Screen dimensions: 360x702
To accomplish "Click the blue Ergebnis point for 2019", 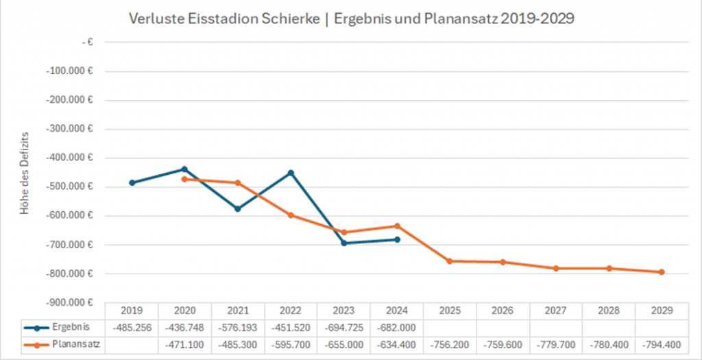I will (x=132, y=183).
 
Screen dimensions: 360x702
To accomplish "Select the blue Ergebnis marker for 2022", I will (x=291, y=173).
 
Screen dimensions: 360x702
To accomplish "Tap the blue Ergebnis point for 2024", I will (x=397, y=239).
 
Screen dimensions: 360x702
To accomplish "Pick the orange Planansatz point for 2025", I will (x=450, y=261).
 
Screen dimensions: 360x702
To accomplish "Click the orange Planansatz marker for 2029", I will (x=662, y=272).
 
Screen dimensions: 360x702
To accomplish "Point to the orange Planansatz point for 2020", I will (x=184, y=179).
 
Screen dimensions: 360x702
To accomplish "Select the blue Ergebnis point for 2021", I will (x=238, y=208).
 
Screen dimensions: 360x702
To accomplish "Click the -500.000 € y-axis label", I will (x=69, y=187).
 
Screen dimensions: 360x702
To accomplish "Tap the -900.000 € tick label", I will (x=69, y=302).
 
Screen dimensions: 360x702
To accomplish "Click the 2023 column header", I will (x=344, y=310).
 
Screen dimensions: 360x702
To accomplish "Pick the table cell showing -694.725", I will (x=344, y=326).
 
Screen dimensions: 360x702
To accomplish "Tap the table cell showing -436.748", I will (x=184, y=326).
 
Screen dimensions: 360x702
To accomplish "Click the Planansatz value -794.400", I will (x=662, y=343).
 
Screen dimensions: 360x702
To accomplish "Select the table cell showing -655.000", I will (x=344, y=343).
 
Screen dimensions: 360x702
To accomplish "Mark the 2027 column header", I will (x=556, y=310).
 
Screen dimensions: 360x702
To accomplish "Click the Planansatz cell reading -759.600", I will (x=503, y=343).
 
